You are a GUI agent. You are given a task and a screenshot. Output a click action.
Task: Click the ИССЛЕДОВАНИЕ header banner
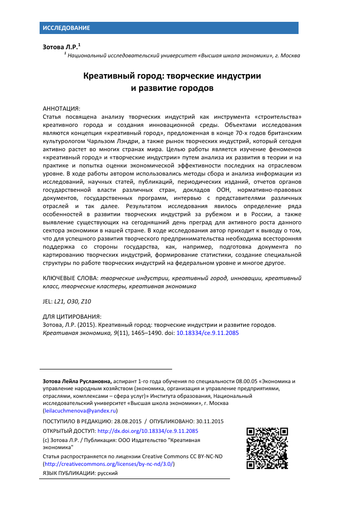[66, 27]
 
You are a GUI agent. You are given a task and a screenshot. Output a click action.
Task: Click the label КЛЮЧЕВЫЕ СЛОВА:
[70, 278]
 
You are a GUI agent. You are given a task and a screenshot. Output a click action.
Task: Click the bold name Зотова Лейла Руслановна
[77, 381]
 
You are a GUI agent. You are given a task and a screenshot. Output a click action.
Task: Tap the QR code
[267, 448]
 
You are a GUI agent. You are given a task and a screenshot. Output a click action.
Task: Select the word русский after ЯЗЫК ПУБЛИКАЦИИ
[107, 473]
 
